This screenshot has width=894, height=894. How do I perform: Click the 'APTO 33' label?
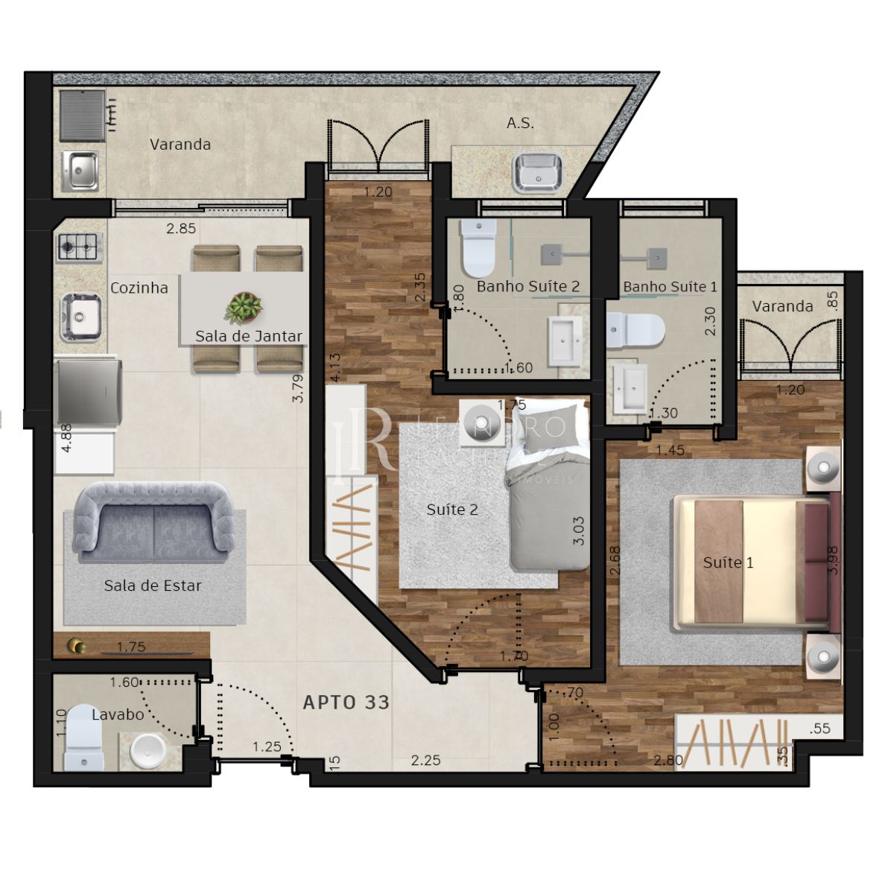click(x=346, y=702)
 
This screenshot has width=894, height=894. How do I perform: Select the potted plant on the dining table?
click(x=244, y=307)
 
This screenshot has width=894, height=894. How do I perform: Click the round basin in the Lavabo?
click(x=148, y=751)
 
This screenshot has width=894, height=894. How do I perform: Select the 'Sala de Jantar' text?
click(x=249, y=336)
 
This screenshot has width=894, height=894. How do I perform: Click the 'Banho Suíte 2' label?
click(x=528, y=286)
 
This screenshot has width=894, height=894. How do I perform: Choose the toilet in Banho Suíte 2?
click(x=478, y=247)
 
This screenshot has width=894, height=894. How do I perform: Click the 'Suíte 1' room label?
click(x=728, y=562)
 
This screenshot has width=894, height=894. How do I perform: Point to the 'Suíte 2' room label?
click(x=452, y=510)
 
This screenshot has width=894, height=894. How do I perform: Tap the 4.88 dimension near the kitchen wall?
click(x=66, y=438)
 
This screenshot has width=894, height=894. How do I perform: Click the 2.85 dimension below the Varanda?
click(x=181, y=229)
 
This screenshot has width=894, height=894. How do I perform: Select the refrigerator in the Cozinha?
click(x=88, y=393)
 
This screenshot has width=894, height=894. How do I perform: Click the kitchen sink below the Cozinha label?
click(x=80, y=316)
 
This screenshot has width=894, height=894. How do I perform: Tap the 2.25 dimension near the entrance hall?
click(x=425, y=760)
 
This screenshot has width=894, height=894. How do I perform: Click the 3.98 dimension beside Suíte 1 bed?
click(x=833, y=559)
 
